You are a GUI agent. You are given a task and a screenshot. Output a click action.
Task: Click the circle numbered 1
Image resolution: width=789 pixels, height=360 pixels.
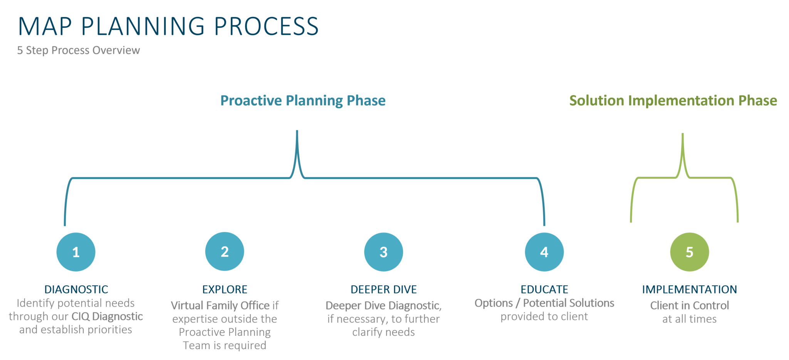click(x=76, y=252)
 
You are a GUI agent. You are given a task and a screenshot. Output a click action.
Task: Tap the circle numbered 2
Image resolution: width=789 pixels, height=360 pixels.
click(x=225, y=251)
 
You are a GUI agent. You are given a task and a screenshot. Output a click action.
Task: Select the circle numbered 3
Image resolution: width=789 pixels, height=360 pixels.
click(x=383, y=252)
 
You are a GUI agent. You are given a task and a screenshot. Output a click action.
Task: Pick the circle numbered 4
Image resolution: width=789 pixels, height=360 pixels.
click(x=544, y=252)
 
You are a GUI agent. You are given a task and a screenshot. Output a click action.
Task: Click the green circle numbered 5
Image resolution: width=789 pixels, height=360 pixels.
click(x=689, y=252)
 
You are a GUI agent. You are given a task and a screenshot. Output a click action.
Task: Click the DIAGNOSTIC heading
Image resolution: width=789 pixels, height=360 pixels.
click(x=76, y=289)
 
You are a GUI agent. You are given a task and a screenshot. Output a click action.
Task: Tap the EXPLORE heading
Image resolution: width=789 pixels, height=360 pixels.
click(x=225, y=289)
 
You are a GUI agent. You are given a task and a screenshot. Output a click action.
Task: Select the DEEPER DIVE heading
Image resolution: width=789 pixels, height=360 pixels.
click(x=384, y=289)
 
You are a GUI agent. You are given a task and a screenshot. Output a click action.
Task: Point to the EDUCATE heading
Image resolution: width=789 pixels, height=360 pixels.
click(x=544, y=289)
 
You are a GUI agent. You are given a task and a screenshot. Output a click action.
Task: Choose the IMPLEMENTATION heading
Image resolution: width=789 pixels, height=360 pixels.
click(x=689, y=289)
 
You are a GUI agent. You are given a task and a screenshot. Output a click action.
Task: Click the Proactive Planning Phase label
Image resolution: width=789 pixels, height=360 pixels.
click(x=303, y=100)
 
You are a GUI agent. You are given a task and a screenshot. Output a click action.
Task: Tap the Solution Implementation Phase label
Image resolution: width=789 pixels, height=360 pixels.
click(x=673, y=100)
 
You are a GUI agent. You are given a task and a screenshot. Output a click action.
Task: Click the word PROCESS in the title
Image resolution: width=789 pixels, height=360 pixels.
click(x=266, y=27)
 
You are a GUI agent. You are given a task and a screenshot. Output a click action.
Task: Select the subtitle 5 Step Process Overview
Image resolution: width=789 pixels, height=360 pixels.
click(x=79, y=50)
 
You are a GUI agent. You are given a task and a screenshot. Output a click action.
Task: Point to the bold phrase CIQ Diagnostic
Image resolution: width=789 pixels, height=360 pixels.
click(x=107, y=316)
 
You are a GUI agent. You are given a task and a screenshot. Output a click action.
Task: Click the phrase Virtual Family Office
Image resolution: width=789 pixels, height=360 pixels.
click(x=220, y=306)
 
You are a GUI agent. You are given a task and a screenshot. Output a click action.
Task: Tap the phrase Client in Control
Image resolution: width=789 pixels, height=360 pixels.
click(x=689, y=306)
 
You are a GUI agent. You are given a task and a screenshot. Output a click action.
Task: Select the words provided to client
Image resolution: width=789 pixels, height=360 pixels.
click(x=544, y=317)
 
